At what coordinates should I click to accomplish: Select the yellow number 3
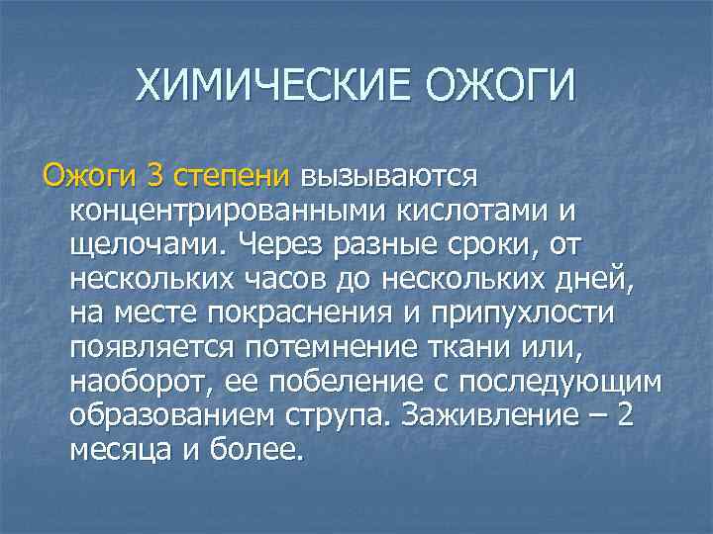point(155,177)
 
